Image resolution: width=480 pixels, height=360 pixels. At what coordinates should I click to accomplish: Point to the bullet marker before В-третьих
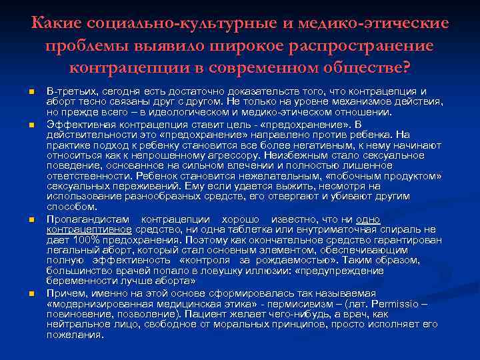(x=31, y=91)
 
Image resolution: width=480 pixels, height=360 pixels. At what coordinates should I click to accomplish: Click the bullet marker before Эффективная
(x=31, y=125)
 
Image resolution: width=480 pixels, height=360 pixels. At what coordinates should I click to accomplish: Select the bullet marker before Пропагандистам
(x=31, y=219)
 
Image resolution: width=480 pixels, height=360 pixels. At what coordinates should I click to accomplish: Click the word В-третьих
(x=71, y=91)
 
